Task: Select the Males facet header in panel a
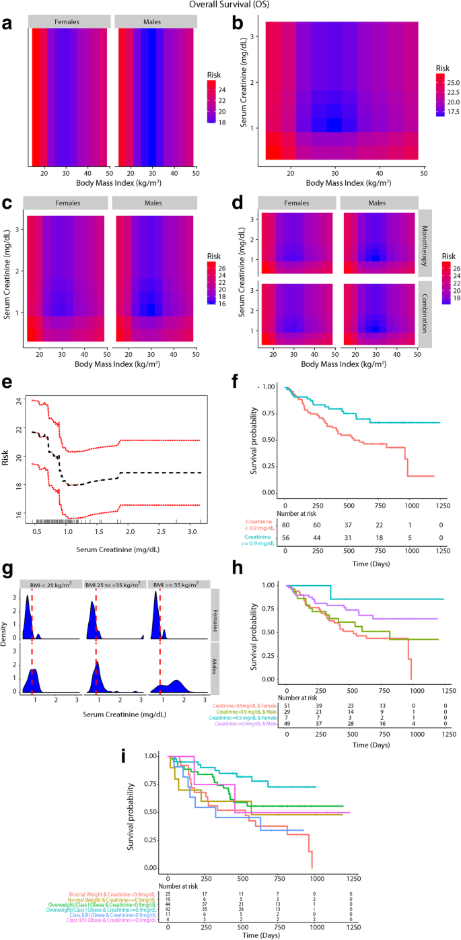pyautogui.click(x=155, y=22)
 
